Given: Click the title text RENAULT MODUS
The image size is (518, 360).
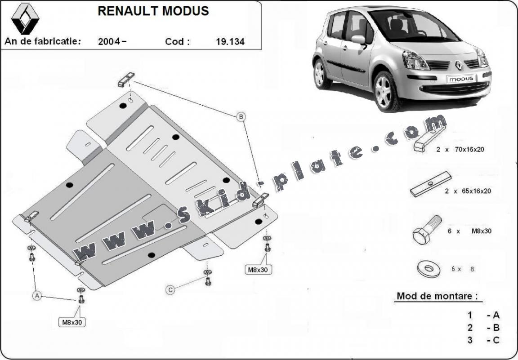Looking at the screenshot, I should point(153,11).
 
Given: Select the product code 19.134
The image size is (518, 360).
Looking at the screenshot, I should point(230,42).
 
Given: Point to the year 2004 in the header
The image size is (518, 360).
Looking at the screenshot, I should point(110,42).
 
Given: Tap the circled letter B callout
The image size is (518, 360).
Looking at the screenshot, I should point(241,117).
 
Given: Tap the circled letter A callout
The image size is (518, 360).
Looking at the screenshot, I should point(37,296).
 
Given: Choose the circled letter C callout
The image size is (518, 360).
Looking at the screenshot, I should point(170,290).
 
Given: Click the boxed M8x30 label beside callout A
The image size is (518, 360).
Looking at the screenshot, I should point(72,322).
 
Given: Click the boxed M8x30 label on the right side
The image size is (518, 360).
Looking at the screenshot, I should point(259,270).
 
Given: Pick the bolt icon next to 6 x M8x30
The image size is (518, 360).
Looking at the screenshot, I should point(426,230).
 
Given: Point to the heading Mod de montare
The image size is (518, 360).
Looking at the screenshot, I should point(436,296).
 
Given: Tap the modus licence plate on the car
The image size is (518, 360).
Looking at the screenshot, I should point(460,78).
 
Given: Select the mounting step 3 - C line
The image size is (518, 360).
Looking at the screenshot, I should point(483,340).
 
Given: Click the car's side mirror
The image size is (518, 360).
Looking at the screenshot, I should point(358,40).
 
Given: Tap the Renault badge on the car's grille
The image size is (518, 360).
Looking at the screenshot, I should point(459,65).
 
